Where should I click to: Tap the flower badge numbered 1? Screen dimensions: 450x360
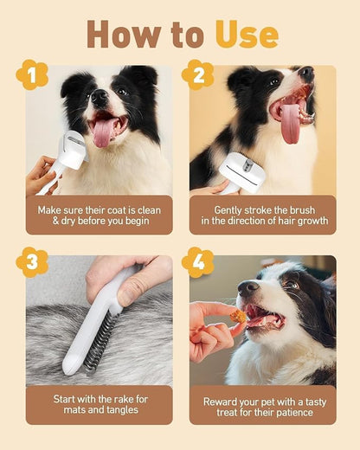[x=31, y=75]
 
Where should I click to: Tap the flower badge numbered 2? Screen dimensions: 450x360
[x=197, y=75]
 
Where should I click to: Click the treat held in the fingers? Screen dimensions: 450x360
[x=237, y=317]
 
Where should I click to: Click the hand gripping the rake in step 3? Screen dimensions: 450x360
[x=130, y=277]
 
